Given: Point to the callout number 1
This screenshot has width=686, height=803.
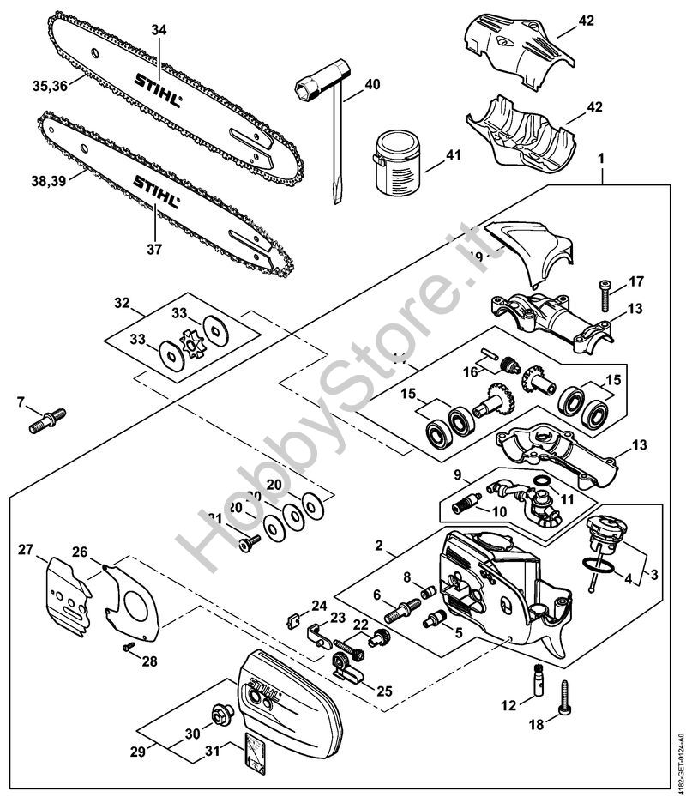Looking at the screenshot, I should click(601, 156).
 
